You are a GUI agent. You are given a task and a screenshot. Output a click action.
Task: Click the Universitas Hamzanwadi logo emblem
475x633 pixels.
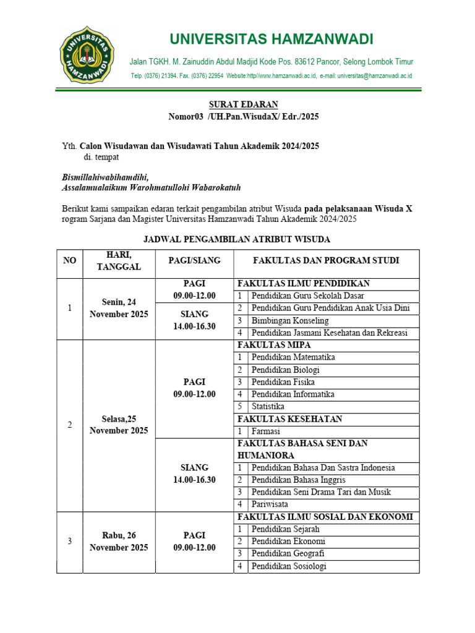[x=87, y=56]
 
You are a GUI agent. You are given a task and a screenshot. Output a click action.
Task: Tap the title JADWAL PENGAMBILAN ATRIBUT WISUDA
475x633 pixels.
[x=237, y=239]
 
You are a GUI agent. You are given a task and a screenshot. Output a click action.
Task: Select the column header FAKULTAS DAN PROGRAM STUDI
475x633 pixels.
[x=327, y=260]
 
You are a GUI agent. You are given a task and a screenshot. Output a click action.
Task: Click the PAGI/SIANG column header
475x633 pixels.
[x=194, y=260]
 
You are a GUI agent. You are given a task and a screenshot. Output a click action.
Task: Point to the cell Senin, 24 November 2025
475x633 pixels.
[x=119, y=308]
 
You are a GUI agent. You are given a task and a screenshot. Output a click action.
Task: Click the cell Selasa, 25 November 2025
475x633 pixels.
[x=119, y=425]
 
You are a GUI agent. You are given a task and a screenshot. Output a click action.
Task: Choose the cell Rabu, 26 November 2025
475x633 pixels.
[x=119, y=541]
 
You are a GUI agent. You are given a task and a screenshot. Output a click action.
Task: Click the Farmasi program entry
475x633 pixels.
[x=266, y=431]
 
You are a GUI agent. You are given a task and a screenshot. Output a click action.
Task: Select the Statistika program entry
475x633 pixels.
[x=268, y=406]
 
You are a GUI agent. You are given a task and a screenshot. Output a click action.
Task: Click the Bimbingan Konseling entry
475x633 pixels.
[x=289, y=320]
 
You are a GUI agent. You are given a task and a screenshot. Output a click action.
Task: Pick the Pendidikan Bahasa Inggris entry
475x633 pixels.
[x=298, y=480]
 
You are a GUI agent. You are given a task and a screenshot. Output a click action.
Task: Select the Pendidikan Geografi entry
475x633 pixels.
[x=288, y=553]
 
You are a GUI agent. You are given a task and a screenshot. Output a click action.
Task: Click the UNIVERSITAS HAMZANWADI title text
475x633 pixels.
[x=272, y=40]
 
